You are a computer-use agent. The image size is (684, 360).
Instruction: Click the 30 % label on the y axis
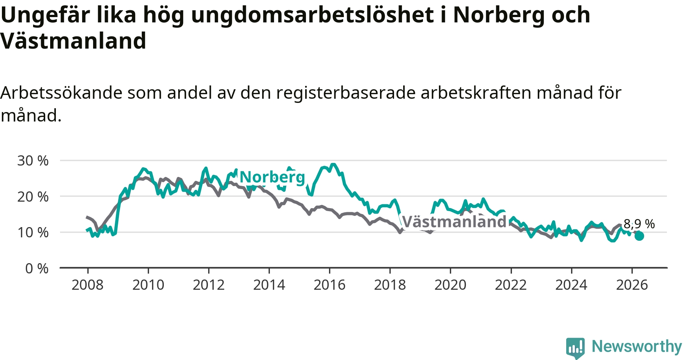coord(33,161)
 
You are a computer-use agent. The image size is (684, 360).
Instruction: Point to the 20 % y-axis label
coord(33,197)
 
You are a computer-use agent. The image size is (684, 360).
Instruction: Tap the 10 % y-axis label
coord(33,232)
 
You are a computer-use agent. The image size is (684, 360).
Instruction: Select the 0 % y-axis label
coord(37,268)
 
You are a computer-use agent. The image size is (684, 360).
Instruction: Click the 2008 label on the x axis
coord(87,285)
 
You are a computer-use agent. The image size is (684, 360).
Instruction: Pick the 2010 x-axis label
coord(148,285)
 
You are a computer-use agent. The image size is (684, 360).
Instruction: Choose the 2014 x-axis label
coord(269,285)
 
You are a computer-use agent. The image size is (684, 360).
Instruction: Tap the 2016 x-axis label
coord(329,285)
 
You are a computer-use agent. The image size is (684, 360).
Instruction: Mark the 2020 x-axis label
coord(450,285)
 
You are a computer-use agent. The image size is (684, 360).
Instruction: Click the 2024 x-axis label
coord(571,285)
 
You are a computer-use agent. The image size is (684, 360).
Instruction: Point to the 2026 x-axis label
coord(632,285)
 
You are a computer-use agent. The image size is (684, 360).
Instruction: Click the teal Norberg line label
coord(272,177)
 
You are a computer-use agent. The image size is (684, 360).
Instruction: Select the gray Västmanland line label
coord(454,221)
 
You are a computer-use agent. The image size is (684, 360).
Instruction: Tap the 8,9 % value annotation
coord(639,224)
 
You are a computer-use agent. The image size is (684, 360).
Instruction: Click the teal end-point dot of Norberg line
coord(639,236)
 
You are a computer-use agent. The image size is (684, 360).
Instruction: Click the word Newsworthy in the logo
coord(637,346)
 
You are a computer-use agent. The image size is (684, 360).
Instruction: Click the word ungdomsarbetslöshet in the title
coord(312,15)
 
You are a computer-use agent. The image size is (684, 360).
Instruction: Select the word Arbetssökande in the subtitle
coord(61,93)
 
